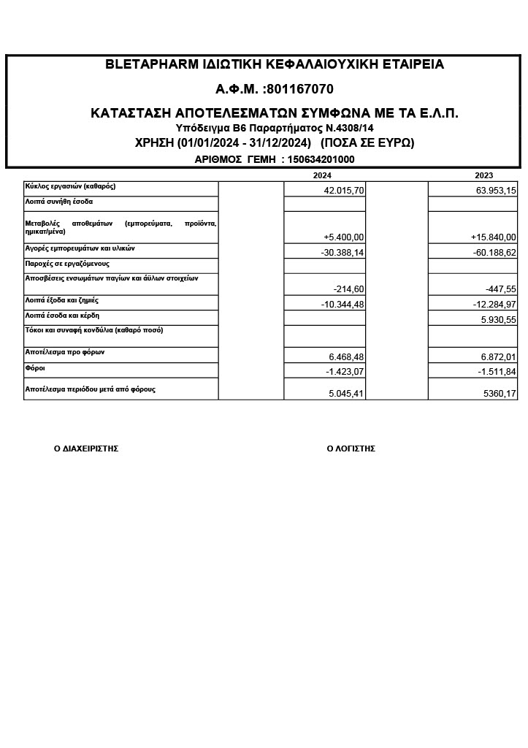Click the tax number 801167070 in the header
(x=301, y=89)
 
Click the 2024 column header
(x=322, y=175)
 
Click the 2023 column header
(x=483, y=175)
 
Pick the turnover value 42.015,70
(x=343, y=190)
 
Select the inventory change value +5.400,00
(x=343, y=237)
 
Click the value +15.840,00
(x=494, y=237)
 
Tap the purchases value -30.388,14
(x=342, y=252)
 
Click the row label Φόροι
(x=35, y=368)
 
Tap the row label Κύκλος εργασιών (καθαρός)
(x=70, y=186)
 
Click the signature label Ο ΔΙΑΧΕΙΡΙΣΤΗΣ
(x=86, y=449)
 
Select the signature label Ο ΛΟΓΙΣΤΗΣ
(x=351, y=449)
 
